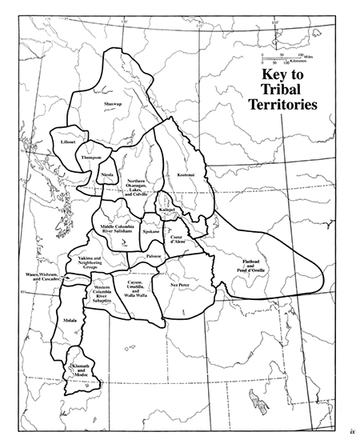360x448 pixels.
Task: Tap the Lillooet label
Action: (67, 141)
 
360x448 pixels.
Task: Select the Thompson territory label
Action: (91, 158)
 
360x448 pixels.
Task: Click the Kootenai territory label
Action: (177, 174)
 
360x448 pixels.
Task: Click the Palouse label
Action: (154, 256)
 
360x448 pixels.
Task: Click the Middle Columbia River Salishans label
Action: (121, 229)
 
